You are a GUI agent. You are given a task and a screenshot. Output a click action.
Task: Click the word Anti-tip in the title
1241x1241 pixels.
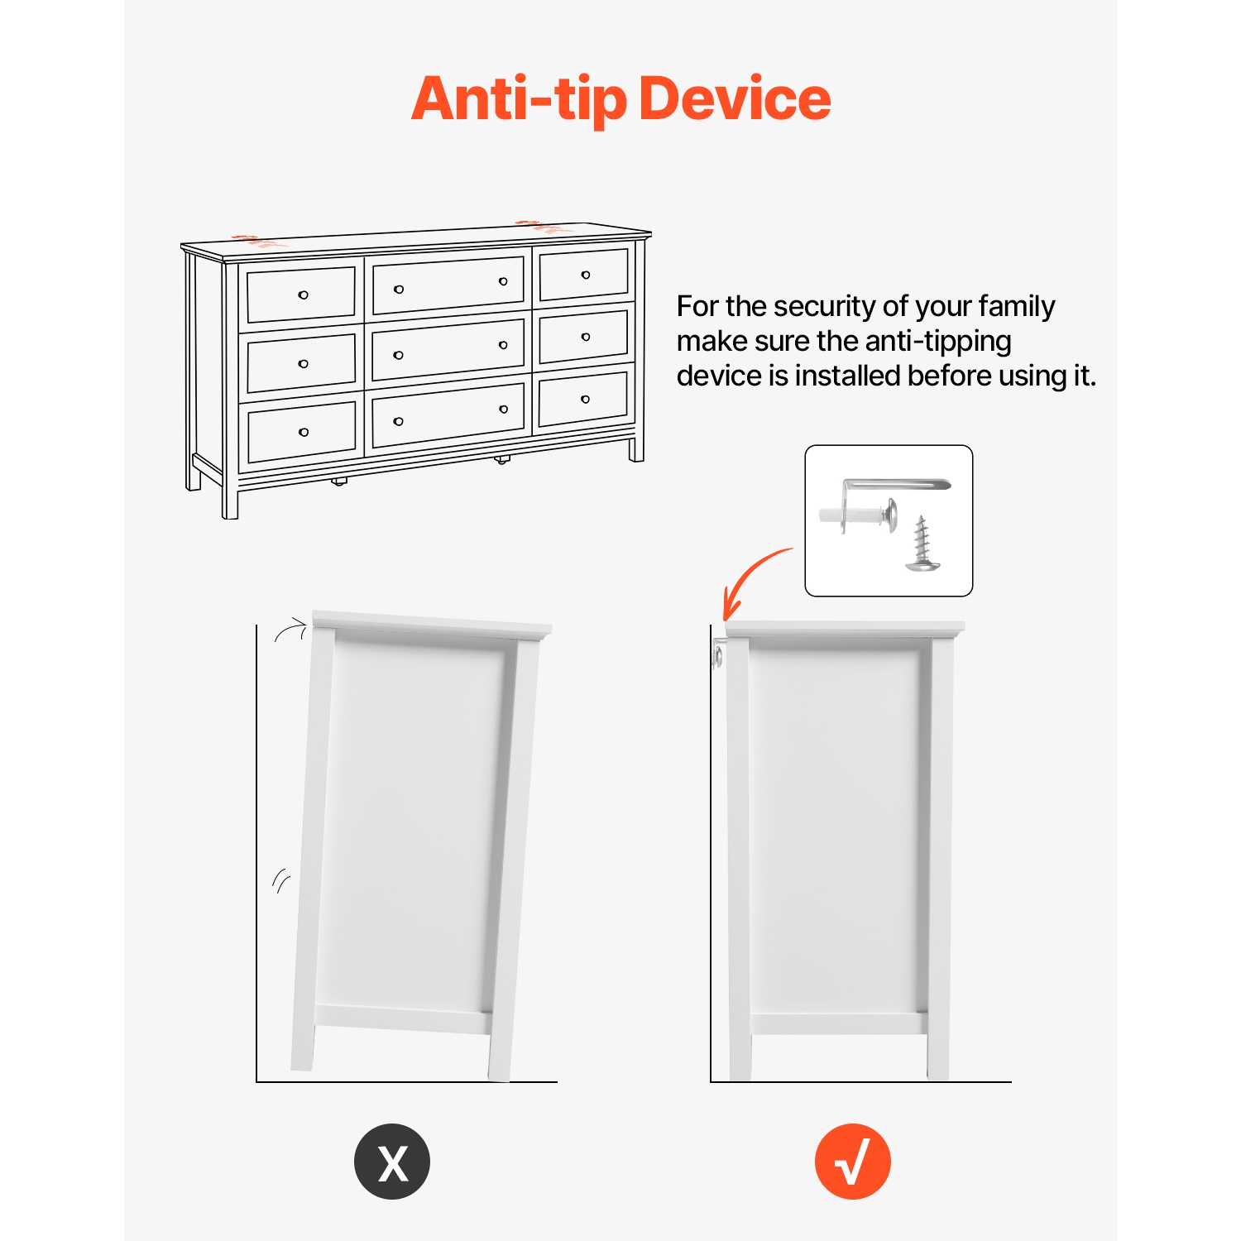519,99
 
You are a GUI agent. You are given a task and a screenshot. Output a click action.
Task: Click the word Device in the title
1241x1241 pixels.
735,98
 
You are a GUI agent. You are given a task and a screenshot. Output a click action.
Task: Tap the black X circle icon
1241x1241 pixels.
392,1162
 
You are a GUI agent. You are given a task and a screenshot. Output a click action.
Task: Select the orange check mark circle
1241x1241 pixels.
853,1162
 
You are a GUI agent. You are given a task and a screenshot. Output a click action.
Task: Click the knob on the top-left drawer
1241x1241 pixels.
304,295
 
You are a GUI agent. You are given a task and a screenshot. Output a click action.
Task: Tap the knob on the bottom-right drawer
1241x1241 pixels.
586,400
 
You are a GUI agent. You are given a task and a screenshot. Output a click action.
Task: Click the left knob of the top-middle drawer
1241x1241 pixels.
399,290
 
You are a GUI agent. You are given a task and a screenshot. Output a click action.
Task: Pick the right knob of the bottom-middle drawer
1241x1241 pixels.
504,410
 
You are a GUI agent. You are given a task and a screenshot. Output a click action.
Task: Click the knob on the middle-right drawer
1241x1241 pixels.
586,337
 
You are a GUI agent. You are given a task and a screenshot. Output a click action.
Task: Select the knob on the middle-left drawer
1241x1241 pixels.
304,364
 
